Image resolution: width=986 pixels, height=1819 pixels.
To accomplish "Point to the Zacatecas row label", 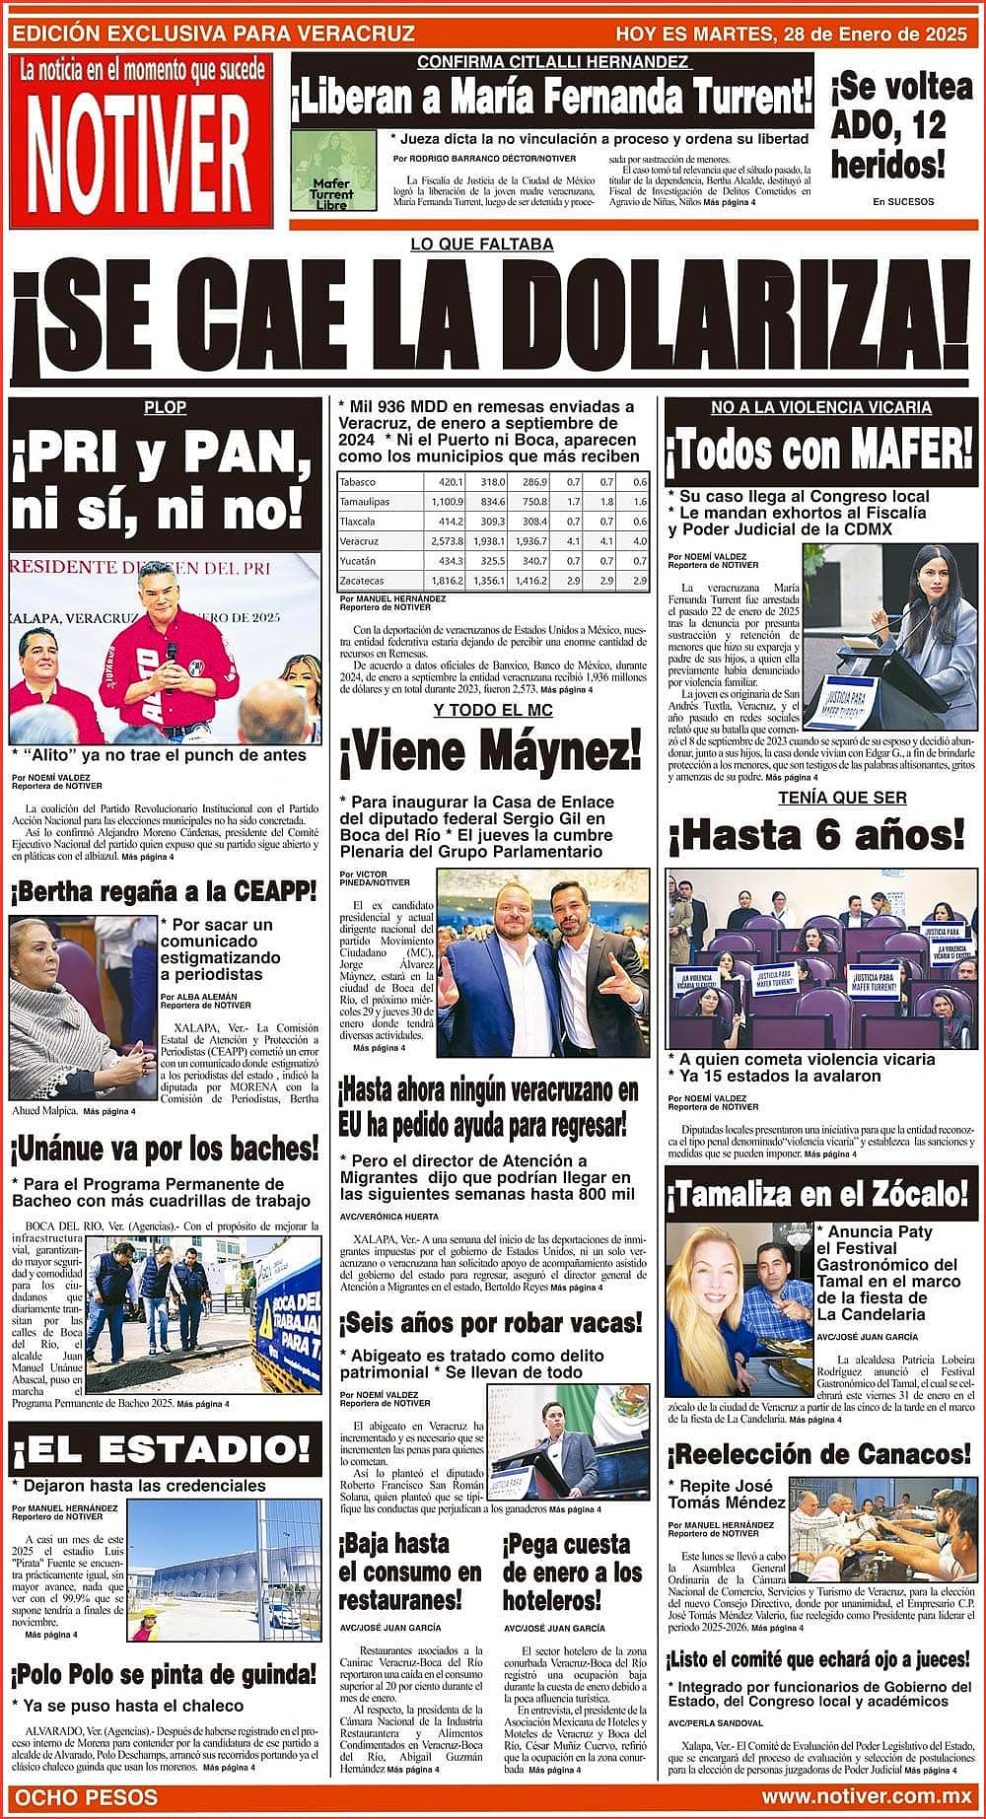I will pos(361,581).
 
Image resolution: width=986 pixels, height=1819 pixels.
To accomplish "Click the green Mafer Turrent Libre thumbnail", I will pos(335,171).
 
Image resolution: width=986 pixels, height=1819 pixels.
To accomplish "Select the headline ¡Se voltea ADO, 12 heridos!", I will pos(901,125).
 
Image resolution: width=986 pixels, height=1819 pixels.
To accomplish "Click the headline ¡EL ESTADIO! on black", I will pos(165,1448).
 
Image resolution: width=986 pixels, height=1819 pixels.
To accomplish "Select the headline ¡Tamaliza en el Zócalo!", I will pos(818,1194).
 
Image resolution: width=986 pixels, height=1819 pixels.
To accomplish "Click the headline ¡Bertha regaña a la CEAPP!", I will pos(164,892).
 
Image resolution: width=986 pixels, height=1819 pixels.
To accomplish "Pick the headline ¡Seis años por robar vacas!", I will pos(490,1322).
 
